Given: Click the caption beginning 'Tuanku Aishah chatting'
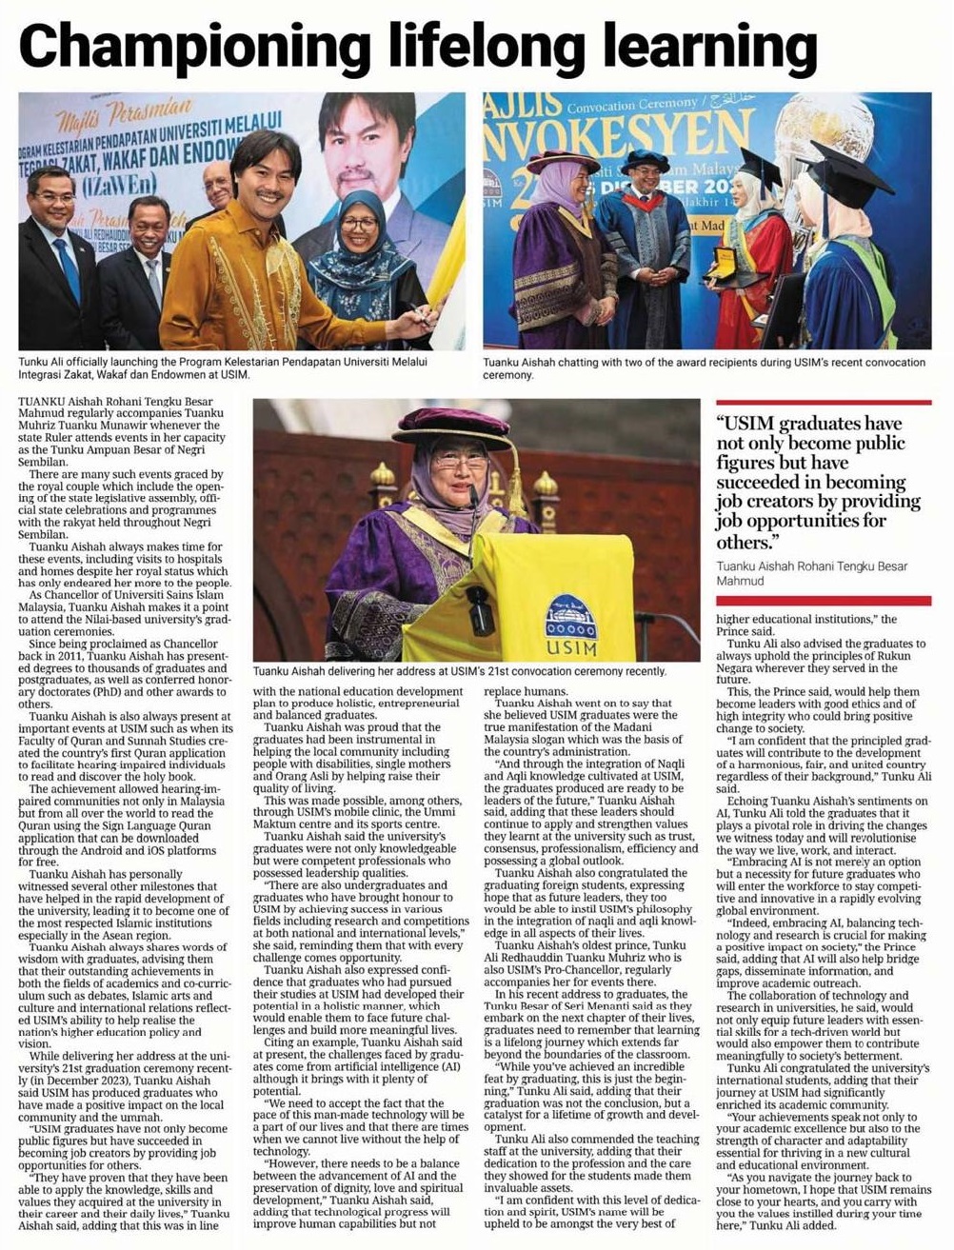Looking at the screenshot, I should coord(704,367).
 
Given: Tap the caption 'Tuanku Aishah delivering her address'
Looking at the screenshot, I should coord(460,671).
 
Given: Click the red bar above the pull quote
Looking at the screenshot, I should coord(823,406).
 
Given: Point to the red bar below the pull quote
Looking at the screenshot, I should coord(823,601).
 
